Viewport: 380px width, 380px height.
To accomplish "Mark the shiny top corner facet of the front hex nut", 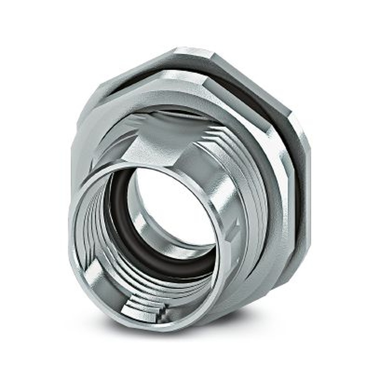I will click(179, 76).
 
